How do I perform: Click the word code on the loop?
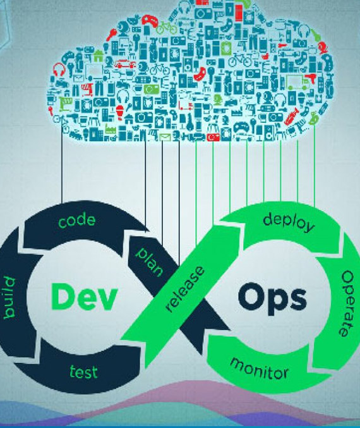[x=77, y=221]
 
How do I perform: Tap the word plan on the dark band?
[x=150, y=262]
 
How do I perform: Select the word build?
[x=9, y=298]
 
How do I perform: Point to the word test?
[x=83, y=372]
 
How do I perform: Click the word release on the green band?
[x=185, y=289]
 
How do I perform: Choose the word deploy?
[x=289, y=223]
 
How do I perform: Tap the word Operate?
[x=347, y=303]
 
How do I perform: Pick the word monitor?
[x=260, y=369]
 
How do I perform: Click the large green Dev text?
[x=84, y=297]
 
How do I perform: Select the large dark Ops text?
[x=272, y=299]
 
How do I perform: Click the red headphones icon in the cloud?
[x=59, y=70]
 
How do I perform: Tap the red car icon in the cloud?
[x=125, y=64]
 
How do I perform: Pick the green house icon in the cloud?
[x=99, y=56]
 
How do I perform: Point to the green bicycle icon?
[x=166, y=27]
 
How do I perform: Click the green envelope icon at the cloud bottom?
[x=165, y=137]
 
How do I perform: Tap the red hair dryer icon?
[x=311, y=78]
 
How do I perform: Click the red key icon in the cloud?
[x=112, y=35]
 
